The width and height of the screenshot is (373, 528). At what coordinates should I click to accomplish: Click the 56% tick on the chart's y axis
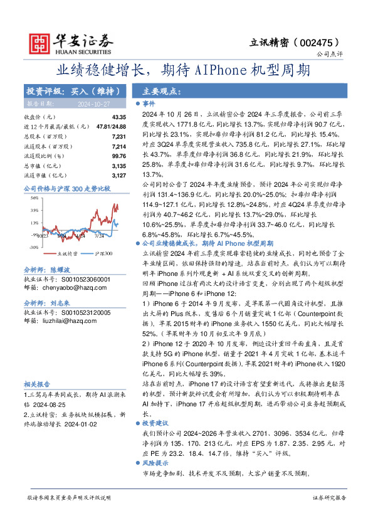click(x=34, y=199)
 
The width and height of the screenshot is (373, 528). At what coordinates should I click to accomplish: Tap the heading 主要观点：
click(x=162, y=91)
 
